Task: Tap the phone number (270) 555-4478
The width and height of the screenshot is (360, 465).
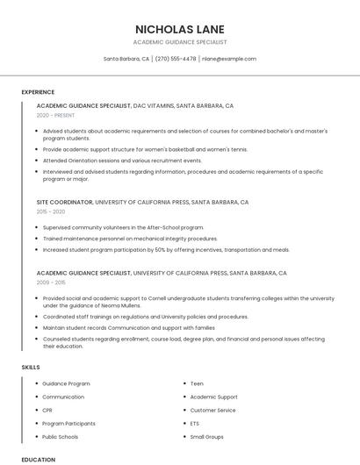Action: [176, 59]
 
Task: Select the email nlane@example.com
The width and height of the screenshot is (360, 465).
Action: [229, 59]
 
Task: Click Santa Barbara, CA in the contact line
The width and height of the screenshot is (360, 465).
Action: [126, 59]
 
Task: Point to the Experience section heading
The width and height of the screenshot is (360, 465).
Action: [38, 92]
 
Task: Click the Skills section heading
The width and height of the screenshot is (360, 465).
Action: [32, 367]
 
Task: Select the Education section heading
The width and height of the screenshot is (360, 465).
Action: [39, 459]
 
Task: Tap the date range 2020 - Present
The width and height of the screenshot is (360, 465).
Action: [56, 115]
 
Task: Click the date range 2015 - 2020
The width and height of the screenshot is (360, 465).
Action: [51, 211]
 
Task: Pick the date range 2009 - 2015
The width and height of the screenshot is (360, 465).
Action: [51, 283]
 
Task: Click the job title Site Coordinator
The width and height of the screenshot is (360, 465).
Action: [64, 202]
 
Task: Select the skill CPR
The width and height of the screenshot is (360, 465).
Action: [48, 410]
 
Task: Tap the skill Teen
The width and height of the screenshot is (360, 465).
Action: [197, 383]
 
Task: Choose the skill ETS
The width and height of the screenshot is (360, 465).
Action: [195, 423]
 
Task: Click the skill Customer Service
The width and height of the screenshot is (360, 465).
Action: [212, 410]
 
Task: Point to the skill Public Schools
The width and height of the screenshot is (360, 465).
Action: [61, 436]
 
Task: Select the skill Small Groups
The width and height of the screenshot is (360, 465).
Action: [207, 436]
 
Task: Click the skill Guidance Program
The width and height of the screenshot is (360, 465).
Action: [66, 383]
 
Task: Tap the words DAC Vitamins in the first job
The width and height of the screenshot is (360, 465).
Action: [153, 105]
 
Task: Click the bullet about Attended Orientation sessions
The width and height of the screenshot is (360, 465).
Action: [122, 161]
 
